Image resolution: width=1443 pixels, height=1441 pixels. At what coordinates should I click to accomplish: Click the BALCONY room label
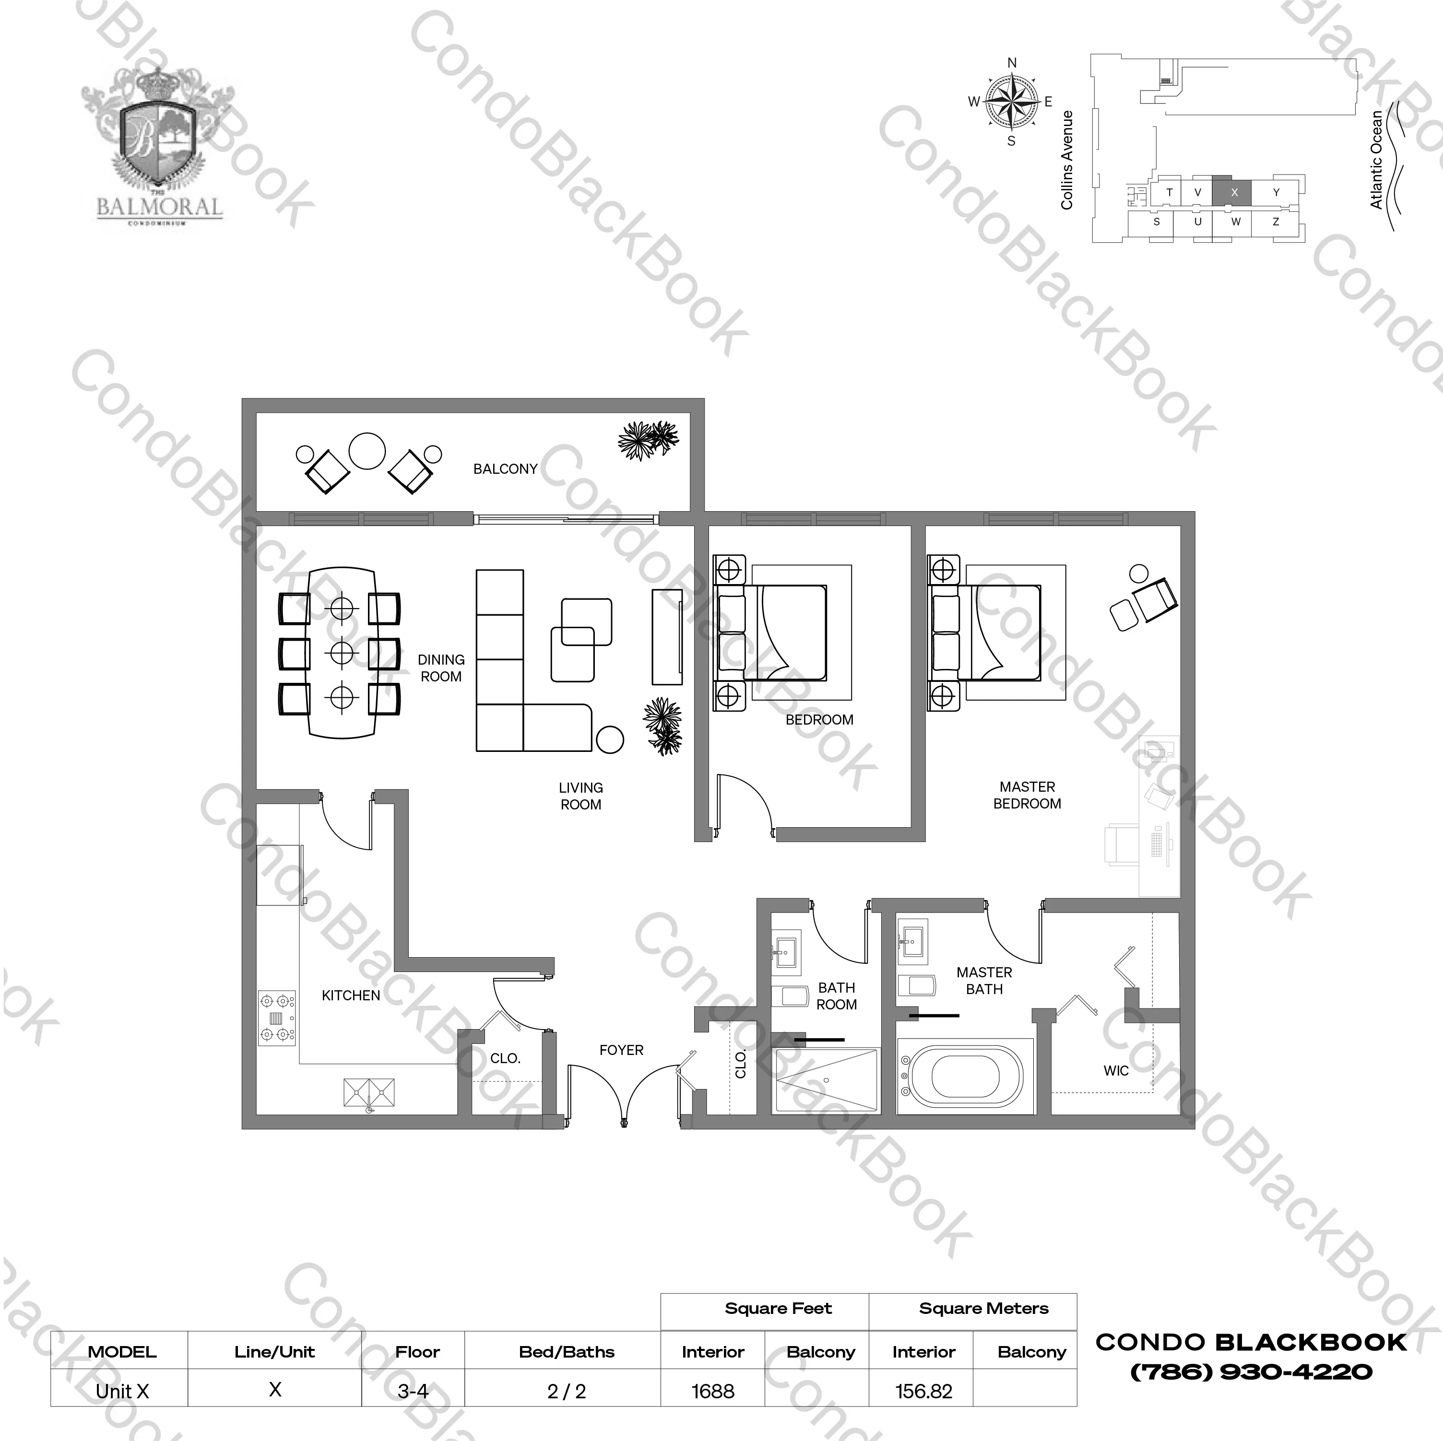[505, 469]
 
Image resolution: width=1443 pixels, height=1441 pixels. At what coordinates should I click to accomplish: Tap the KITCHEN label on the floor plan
[350, 995]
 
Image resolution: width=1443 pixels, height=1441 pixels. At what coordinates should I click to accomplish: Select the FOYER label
[621, 1050]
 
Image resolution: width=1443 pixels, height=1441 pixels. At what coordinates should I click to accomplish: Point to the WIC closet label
[1116, 1071]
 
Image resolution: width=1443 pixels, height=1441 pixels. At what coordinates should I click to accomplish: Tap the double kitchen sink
[369, 1092]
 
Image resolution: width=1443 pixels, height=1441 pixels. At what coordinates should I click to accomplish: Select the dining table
[342, 653]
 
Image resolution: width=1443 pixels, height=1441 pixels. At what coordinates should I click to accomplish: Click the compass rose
[1011, 102]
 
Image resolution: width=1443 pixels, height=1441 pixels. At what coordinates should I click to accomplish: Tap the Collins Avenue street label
[1066, 160]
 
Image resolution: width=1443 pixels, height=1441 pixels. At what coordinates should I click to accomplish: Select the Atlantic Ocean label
[1376, 160]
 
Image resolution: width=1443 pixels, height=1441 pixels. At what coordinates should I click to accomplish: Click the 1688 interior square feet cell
[712, 1391]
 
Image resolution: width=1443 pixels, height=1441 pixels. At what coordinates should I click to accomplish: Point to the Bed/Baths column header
[566, 1351]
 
